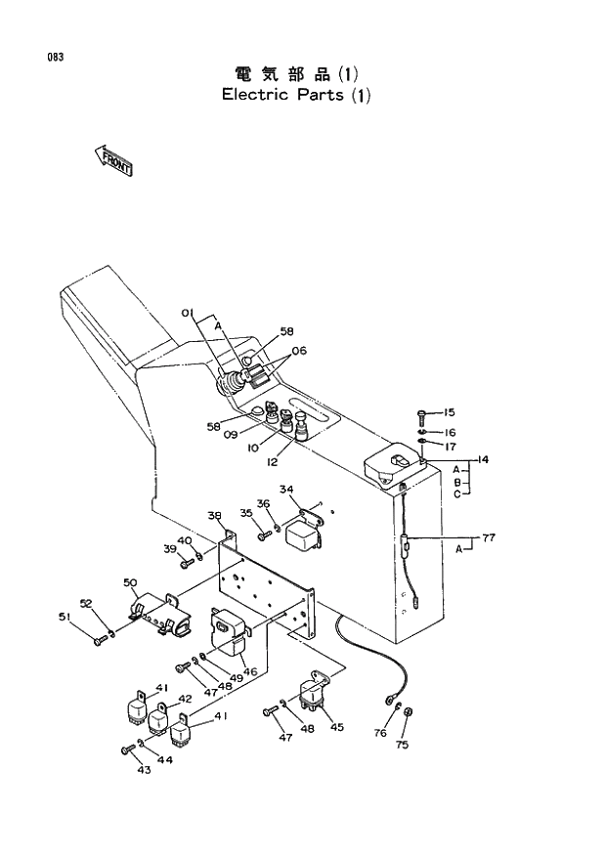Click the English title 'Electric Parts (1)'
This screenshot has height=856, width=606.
click(x=296, y=96)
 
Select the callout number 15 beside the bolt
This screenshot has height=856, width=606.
click(x=449, y=413)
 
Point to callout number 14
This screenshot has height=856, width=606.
click(x=482, y=458)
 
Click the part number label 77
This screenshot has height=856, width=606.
click(x=489, y=537)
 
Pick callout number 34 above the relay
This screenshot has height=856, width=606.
click(x=286, y=490)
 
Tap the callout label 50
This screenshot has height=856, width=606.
click(x=130, y=582)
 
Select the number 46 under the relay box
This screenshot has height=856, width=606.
click(x=250, y=671)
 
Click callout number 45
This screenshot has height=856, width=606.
click(x=336, y=726)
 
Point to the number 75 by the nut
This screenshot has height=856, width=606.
click(x=401, y=744)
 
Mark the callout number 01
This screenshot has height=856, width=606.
click(x=188, y=312)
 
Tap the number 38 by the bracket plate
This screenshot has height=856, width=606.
click(x=214, y=515)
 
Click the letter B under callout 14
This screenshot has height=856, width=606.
click(x=456, y=481)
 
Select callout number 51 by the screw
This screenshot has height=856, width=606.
click(x=65, y=617)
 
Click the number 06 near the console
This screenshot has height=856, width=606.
click(x=299, y=351)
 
